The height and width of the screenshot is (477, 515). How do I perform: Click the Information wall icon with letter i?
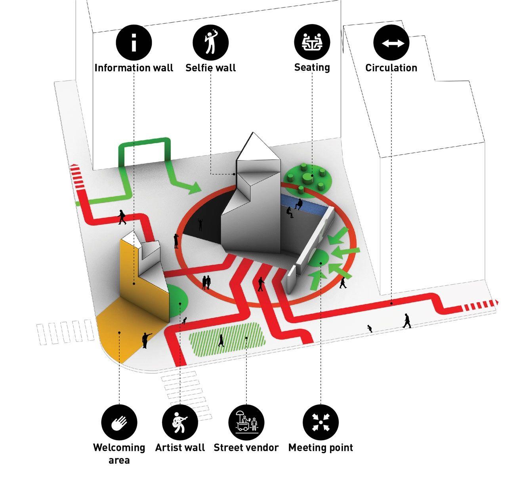pyautogui.click(x=134, y=42)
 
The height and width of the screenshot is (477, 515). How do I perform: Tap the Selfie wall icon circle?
pyautogui.click(x=211, y=42)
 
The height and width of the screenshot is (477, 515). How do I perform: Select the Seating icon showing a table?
pyautogui.click(x=312, y=42)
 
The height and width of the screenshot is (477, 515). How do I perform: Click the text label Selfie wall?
pyautogui.click(x=211, y=68)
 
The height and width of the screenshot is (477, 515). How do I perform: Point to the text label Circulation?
pyautogui.click(x=391, y=68)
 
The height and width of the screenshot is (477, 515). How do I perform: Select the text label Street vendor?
pyautogui.click(x=246, y=448)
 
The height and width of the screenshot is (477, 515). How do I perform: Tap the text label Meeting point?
pyautogui.click(x=320, y=448)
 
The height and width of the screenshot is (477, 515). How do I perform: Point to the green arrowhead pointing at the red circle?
pyautogui.click(x=193, y=188)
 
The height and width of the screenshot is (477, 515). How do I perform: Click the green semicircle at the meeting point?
pyautogui.click(x=319, y=259)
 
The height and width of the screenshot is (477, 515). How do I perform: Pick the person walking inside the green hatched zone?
pyautogui.click(x=221, y=340)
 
